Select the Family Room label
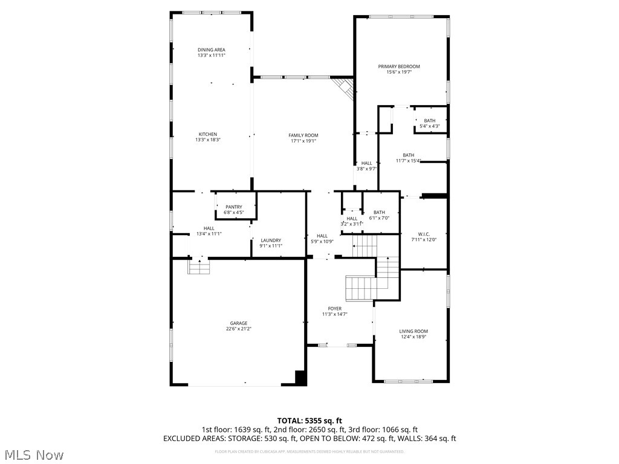click(303, 135)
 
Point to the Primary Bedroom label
click(399, 66)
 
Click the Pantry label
click(233, 207)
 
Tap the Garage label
click(238, 323)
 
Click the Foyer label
click(334, 309)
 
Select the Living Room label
click(413, 331)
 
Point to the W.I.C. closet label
click(423, 234)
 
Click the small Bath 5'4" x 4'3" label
click(429, 121)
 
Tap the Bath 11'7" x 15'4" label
click(409, 155)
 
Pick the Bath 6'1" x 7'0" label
click(379, 212)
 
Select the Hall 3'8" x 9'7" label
click(366, 163)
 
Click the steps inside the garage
click(198, 266)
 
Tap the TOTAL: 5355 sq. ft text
click(309, 420)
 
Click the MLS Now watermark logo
click(33, 454)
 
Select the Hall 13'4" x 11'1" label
click(209, 228)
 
